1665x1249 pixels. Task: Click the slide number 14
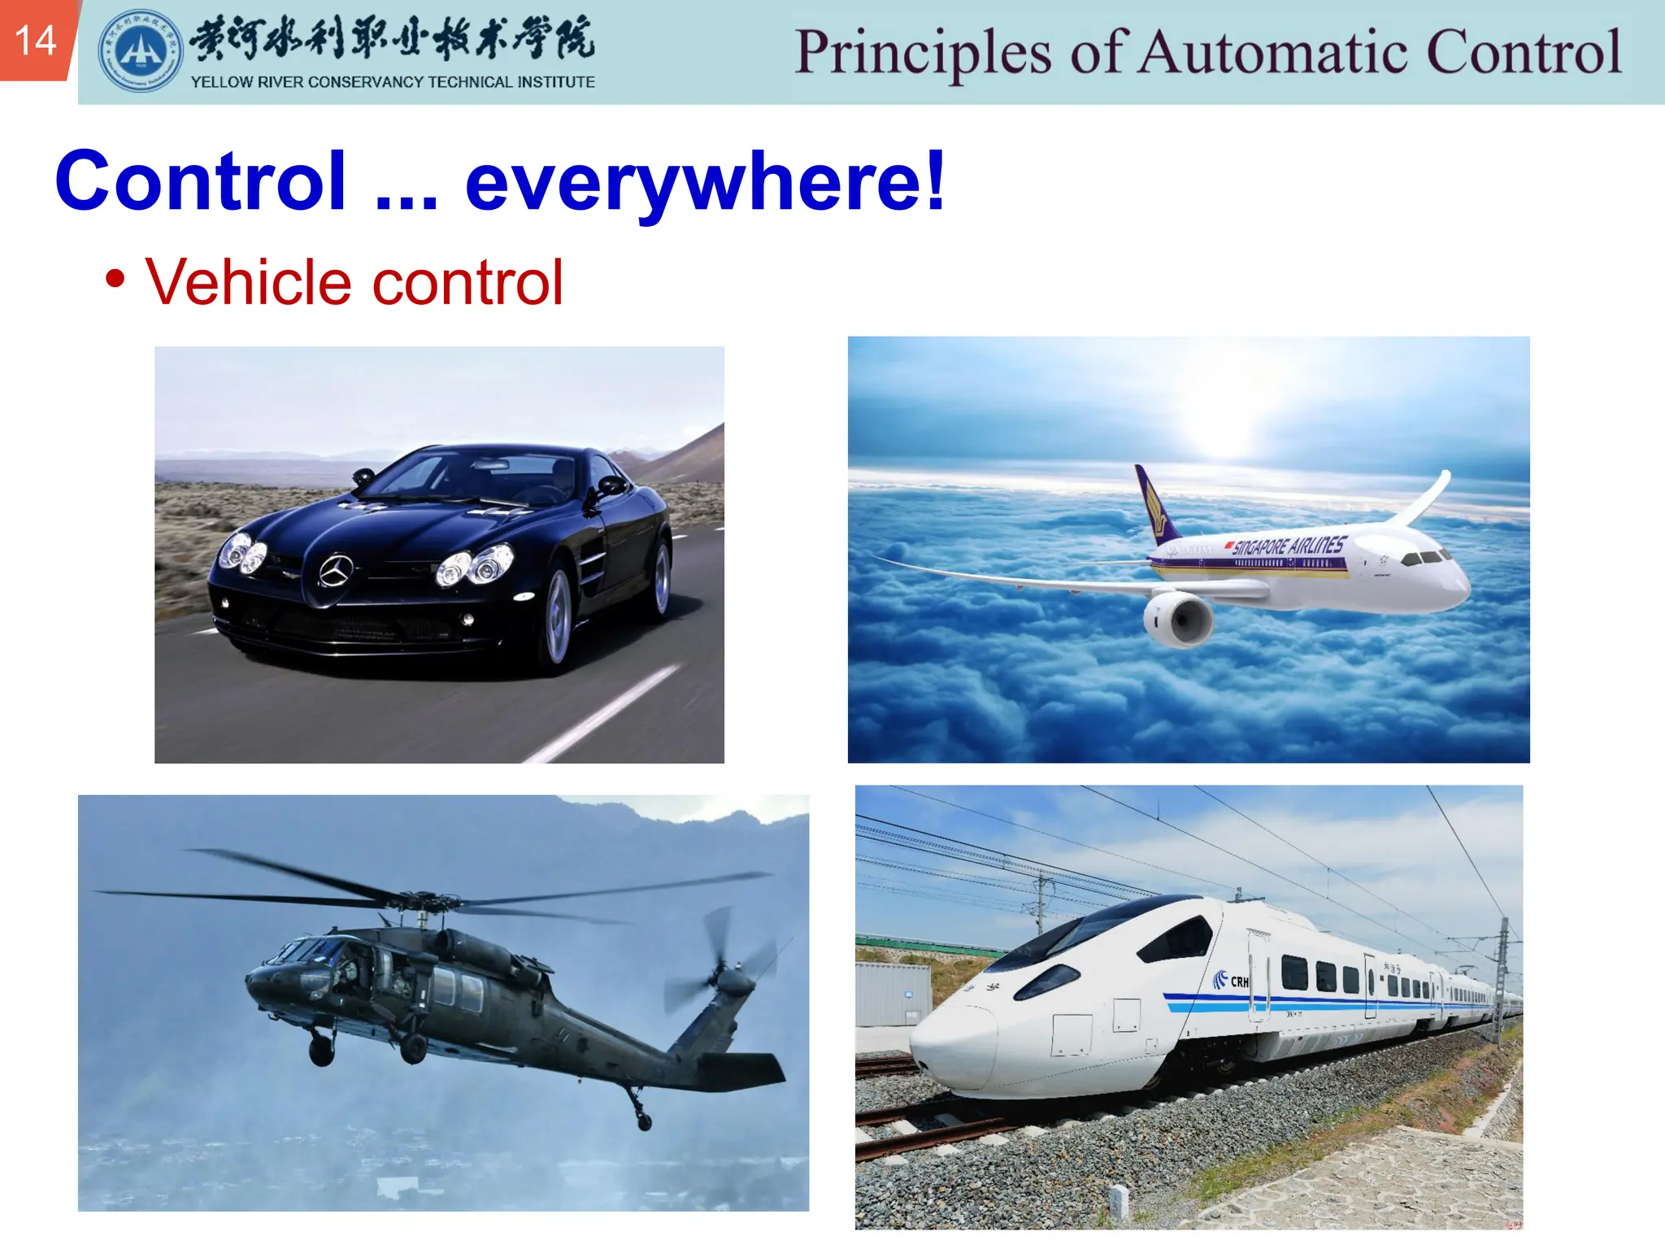click(x=36, y=41)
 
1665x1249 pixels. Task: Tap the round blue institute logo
click(x=140, y=51)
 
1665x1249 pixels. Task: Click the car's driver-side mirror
click(x=611, y=486)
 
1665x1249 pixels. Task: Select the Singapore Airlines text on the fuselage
click(x=1289, y=545)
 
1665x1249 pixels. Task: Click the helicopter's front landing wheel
click(x=321, y=1050)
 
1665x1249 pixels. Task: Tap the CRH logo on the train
click(x=1230, y=981)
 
